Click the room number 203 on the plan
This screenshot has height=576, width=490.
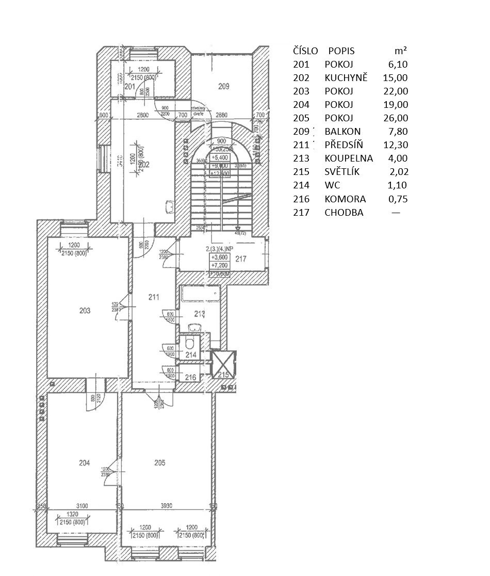pos(85,310)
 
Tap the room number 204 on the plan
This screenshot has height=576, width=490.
pos(85,463)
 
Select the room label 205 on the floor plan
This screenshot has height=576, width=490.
pos(160,463)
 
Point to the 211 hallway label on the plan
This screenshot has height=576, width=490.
pos(153,297)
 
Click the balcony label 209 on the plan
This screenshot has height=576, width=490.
pos(223,87)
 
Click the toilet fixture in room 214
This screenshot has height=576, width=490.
pos(189,343)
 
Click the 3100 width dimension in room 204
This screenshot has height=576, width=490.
pos(81,506)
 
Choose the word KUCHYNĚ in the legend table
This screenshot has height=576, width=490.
pos(345,78)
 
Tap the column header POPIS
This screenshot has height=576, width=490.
pos(341,51)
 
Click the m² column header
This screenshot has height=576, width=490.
pos(400,51)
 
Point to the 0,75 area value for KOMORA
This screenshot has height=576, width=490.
pos(397,199)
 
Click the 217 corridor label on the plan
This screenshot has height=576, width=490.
pos(241,260)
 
